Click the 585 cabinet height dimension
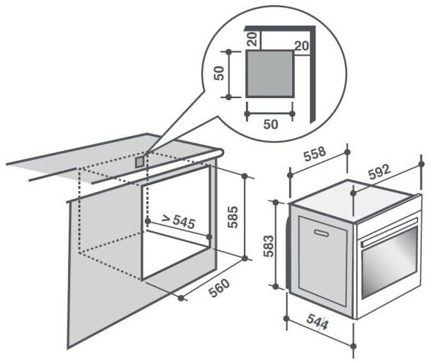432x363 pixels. tap(233, 217)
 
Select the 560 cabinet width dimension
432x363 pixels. tap(220, 288)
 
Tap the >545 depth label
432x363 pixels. tap(179, 221)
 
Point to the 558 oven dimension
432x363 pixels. tap(315, 154)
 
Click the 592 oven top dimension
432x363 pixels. tap(380, 171)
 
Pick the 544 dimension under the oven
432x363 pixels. tap(318, 322)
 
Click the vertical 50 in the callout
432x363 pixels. tap(219, 73)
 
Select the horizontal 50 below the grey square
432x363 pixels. tap(271, 124)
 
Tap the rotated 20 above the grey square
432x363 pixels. tap(253, 39)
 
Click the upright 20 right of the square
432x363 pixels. tap(302, 45)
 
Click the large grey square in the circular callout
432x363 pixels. tap(270, 73)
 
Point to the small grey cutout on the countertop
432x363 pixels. tap(140, 162)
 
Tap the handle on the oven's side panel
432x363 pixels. tap(321, 233)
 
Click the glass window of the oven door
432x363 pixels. tap(390, 263)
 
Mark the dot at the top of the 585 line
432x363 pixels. tap(245, 176)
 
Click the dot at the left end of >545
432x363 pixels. tap(148, 221)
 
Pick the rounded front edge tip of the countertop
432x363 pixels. tap(221, 152)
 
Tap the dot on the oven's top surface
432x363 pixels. tap(354, 193)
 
